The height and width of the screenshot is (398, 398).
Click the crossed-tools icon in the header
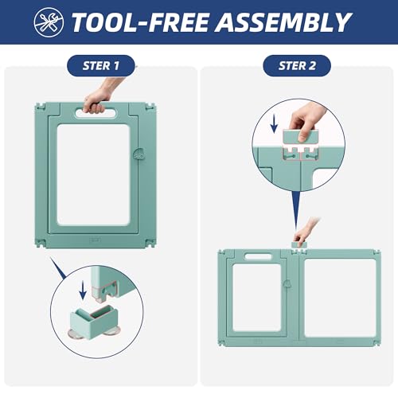click(49, 22)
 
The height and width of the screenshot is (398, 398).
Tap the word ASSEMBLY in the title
click(283, 22)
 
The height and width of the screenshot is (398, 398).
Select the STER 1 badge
click(101, 66)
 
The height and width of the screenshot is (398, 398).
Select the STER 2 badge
click(297, 66)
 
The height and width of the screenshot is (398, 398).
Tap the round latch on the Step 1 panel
click(139, 154)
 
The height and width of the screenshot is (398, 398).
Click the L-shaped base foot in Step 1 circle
click(94, 321)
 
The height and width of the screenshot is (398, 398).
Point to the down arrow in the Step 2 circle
click(274, 124)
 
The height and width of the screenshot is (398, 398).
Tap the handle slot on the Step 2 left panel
click(258, 256)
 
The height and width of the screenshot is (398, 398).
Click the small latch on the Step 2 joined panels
click(287, 284)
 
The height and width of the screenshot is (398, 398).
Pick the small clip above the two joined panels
click(299, 245)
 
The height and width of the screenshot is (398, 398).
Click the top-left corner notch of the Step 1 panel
click(41, 107)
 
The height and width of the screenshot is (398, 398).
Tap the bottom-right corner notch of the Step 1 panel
click(150, 243)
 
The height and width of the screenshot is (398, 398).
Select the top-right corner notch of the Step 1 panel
click(150, 107)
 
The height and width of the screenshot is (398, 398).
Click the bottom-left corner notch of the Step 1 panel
click(41, 243)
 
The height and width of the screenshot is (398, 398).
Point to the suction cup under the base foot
click(76, 333)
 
